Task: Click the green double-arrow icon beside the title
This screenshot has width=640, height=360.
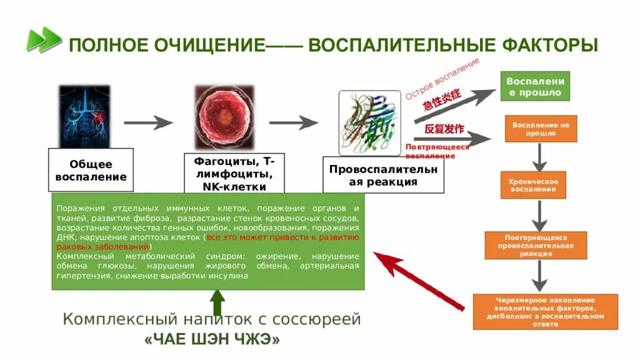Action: [44, 41]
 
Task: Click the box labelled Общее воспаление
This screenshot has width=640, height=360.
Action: [91, 170]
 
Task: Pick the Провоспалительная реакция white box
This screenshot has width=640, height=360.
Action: [382, 175]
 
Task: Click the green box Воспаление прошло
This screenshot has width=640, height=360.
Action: [534, 87]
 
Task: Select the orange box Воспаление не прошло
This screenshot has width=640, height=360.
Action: [541, 129]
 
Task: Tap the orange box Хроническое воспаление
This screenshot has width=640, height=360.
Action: [533, 185]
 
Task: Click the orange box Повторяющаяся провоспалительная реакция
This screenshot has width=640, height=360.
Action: [536, 246]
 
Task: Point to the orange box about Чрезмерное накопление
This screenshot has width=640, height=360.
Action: [545, 311]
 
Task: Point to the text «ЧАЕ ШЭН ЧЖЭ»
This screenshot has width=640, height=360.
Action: [212, 339]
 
